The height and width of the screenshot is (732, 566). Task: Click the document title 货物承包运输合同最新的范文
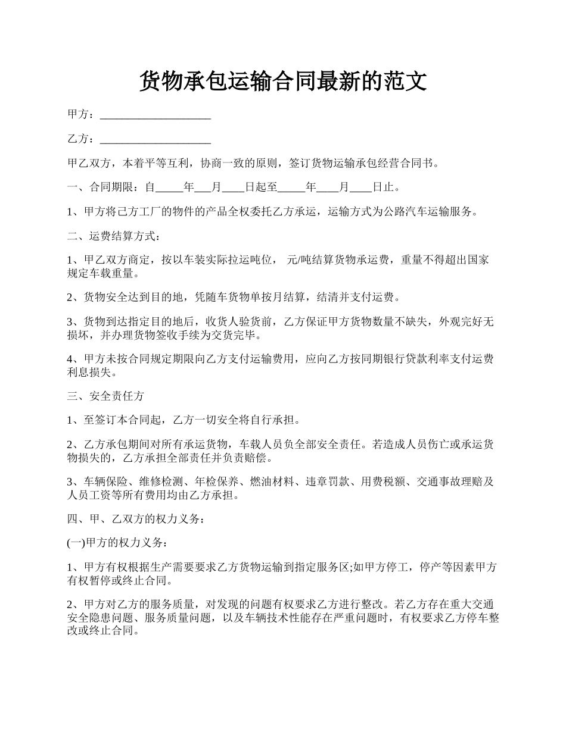(283, 81)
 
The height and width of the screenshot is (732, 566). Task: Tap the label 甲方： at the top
(81, 114)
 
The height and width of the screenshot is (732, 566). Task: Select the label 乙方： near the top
(81, 139)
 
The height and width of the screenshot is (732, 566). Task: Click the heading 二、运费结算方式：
(114, 236)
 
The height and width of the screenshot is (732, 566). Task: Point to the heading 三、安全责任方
(105, 396)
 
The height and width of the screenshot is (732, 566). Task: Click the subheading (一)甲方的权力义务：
(119, 543)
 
